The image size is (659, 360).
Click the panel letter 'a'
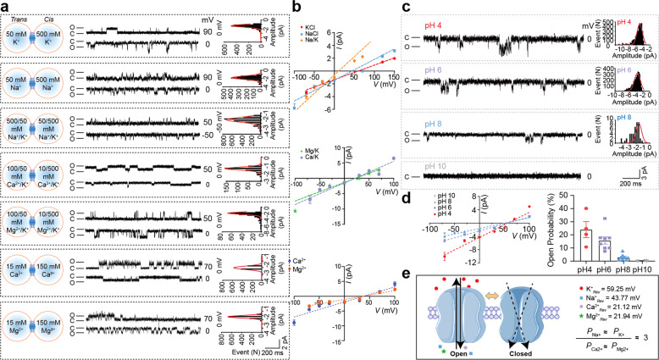point(6,7)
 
